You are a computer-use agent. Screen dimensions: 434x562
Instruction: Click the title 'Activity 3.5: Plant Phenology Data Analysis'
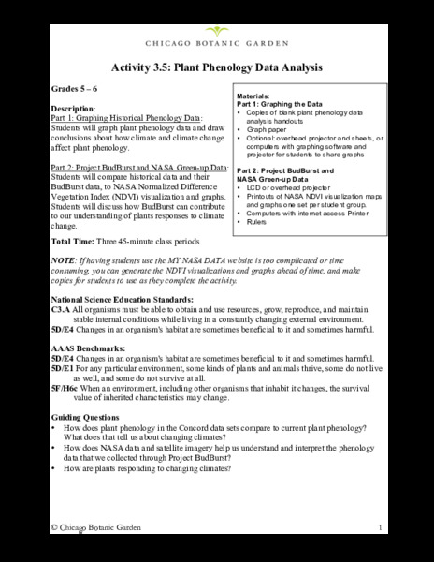(217, 67)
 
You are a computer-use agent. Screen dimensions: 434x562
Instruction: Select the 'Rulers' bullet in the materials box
(258, 221)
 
